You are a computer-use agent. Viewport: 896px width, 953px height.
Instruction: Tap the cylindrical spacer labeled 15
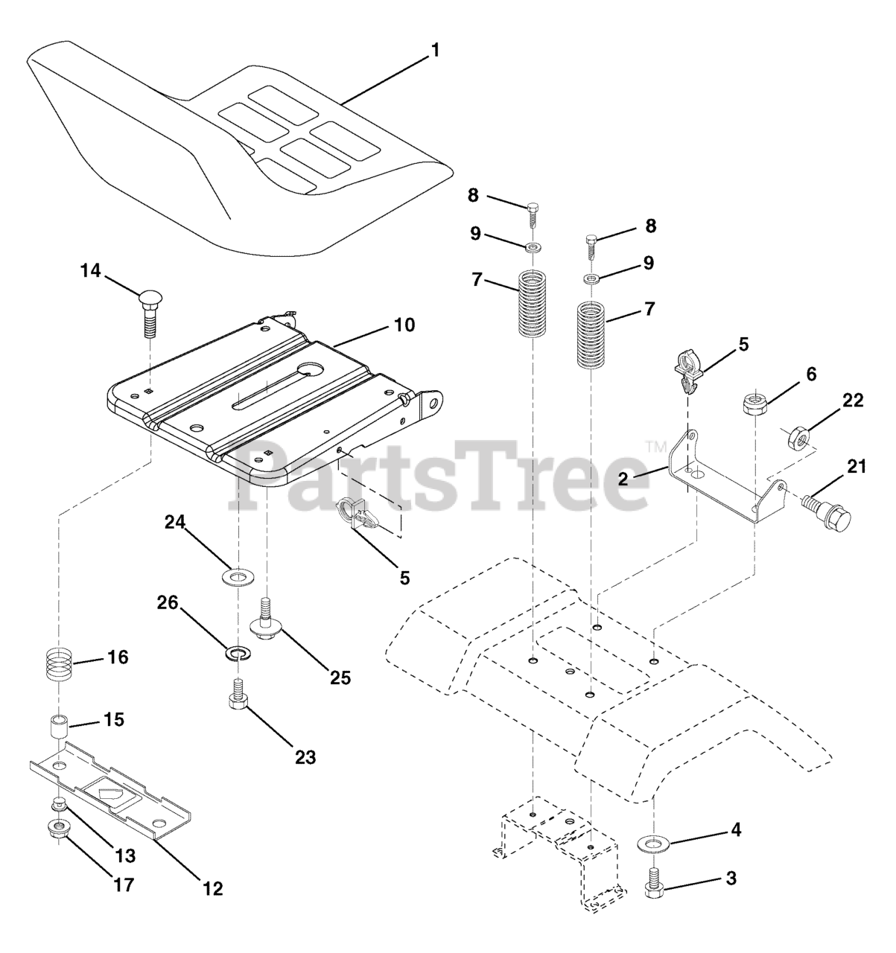(59, 726)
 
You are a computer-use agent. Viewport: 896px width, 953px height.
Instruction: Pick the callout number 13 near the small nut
(125, 856)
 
